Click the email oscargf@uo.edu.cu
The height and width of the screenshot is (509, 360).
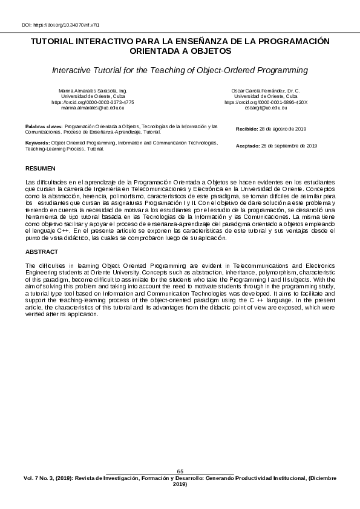(266, 108)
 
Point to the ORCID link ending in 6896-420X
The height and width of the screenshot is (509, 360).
(266, 102)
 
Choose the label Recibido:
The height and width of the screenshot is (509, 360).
(247, 129)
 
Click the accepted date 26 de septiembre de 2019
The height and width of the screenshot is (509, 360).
(289, 146)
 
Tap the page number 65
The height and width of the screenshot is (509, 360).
(180, 471)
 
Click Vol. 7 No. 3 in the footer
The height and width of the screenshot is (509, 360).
(42, 478)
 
